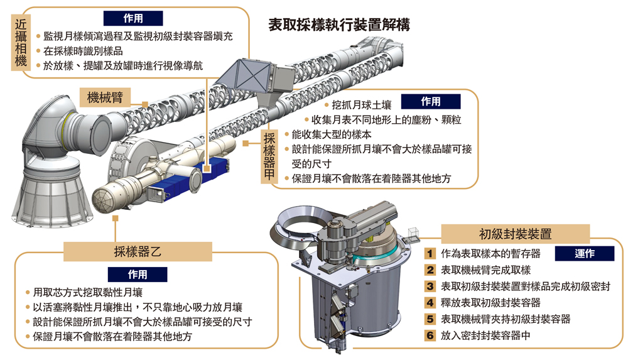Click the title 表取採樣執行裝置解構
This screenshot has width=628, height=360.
coord(339,25)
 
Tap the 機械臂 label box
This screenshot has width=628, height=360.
coord(105,97)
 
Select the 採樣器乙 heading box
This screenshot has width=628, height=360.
coord(138,252)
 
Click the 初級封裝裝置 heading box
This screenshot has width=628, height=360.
coord(516,234)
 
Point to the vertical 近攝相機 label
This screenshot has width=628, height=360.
coord(21,43)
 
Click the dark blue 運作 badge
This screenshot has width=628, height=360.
coord(584,253)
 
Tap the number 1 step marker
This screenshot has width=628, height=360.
coord(430,253)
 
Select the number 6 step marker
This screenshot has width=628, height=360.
coord(430,335)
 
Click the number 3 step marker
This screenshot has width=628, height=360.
coord(430,286)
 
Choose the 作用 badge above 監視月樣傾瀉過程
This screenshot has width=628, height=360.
coord(133,18)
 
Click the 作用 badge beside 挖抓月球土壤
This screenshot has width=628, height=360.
coord(431,102)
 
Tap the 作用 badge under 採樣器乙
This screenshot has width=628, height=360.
coord(138,275)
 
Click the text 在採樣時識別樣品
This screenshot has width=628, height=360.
coord(83,52)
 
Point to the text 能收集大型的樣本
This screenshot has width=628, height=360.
coord(332,134)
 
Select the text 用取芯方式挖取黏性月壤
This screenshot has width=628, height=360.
coord(88,293)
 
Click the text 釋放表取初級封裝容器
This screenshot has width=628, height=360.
coord(490,303)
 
